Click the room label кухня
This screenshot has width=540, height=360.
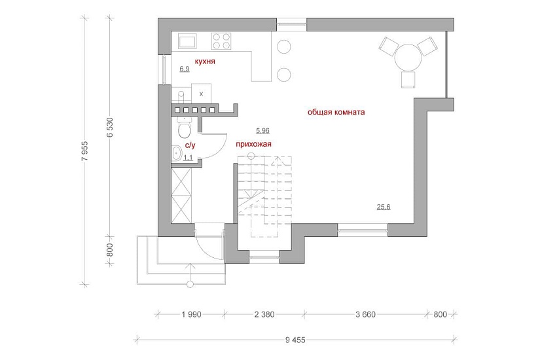(x=205, y=62)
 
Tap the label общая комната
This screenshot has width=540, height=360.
(x=336, y=113)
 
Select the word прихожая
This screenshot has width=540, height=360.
(x=253, y=144)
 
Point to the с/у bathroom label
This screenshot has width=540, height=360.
(x=190, y=145)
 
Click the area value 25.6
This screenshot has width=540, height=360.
(x=384, y=207)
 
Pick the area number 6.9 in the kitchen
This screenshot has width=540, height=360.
(x=185, y=69)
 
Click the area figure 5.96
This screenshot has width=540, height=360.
(x=262, y=130)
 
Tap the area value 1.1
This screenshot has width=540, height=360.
(x=188, y=158)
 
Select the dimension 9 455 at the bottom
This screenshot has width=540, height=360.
(x=295, y=340)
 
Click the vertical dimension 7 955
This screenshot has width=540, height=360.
(x=85, y=151)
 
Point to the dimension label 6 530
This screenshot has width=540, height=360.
(x=110, y=128)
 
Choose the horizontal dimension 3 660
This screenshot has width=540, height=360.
(x=365, y=314)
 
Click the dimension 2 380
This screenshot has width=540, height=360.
(x=264, y=314)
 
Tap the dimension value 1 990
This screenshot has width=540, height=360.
(x=192, y=314)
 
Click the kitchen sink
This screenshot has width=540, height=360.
(x=187, y=41)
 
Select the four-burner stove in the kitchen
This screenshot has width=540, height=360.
(x=221, y=41)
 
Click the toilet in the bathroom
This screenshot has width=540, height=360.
(x=184, y=127)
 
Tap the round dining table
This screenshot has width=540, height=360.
(x=408, y=58)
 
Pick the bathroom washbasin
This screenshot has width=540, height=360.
(x=177, y=153)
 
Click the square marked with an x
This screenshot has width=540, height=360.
(x=202, y=94)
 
